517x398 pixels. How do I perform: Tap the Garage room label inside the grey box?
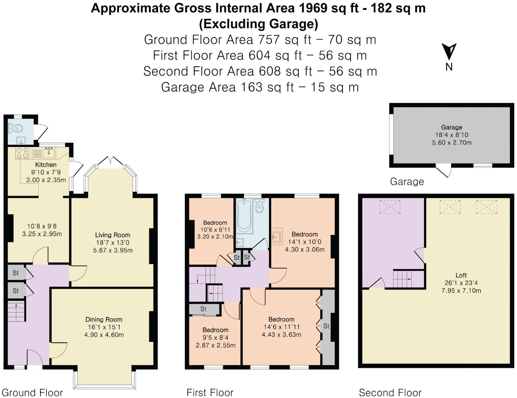[451, 127]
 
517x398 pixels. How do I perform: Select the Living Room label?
[112, 235]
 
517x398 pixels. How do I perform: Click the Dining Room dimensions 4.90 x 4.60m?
[104, 335]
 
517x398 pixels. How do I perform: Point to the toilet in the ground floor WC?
[16, 129]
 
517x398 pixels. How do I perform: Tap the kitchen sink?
[49, 153]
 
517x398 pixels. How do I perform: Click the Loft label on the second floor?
[461, 275]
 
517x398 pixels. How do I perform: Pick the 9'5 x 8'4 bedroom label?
[215, 337]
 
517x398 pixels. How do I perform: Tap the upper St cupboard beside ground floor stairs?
[16, 273]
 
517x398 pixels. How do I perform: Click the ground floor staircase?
[16, 312]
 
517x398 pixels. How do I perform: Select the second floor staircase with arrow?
[404, 279]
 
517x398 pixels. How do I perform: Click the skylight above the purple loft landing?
[390, 207]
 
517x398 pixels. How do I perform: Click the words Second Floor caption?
[390, 393]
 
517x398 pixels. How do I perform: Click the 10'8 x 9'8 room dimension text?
[42, 230]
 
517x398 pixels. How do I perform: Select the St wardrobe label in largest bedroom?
[326, 326]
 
